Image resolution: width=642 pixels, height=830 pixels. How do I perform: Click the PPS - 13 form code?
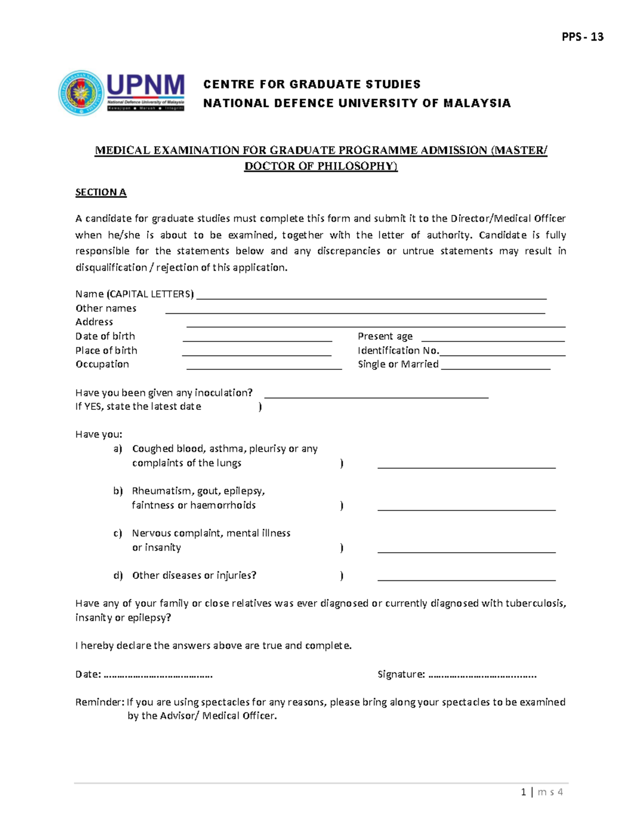[582, 37]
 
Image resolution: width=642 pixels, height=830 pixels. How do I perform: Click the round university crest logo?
[81, 93]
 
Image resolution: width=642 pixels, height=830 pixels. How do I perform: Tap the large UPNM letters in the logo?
[146, 86]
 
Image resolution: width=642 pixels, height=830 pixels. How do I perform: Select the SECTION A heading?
[101, 192]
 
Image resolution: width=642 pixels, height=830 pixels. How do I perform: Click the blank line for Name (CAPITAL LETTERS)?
[371, 297]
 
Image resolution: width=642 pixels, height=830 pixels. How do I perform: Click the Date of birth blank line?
[257, 339]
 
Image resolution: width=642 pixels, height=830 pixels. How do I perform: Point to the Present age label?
[385, 336]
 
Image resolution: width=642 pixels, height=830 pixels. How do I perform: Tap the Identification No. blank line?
[502, 354]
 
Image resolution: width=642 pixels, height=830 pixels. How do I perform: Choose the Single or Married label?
[398, 364]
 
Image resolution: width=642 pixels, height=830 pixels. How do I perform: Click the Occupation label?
[102, 364]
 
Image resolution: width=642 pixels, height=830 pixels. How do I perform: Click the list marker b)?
[118, 491]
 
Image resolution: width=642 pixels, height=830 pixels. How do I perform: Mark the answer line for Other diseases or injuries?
[466, 579]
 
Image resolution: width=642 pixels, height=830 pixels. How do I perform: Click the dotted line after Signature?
[482, 676]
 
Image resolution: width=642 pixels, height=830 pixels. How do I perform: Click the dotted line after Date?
[158, 676]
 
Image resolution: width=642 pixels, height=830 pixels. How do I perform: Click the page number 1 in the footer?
[523, 792]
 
